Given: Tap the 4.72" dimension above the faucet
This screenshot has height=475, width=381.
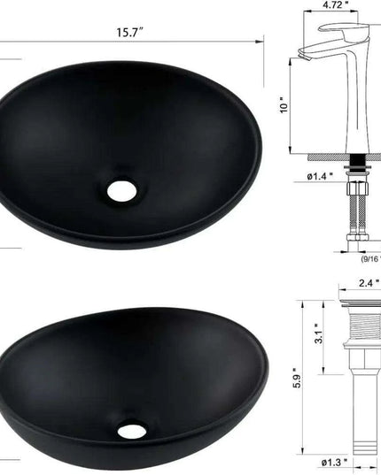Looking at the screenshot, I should (333, 5).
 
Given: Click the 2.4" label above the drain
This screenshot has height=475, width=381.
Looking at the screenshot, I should (368, 283).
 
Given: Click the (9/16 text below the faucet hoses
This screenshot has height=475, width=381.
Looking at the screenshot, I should (369, 259).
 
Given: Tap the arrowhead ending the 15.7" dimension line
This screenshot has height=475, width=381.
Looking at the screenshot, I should (262, 40).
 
